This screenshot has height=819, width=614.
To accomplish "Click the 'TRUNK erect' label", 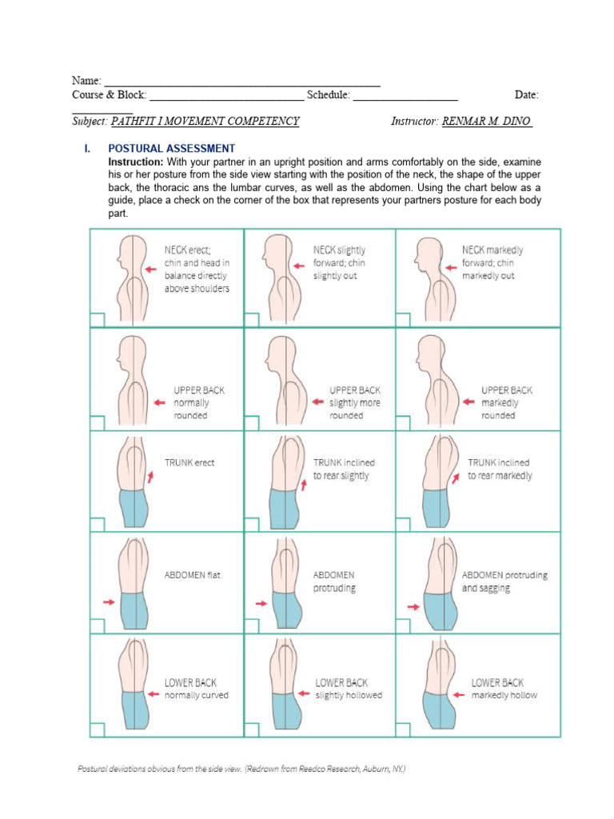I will point(189,462).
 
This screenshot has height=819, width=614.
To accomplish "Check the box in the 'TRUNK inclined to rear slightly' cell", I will point(250,525).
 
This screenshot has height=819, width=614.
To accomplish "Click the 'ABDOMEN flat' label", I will point(192,574).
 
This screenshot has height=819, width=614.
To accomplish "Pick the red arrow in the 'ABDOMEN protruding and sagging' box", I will point(413,607).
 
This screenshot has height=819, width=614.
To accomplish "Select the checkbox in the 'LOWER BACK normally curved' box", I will point(97,729).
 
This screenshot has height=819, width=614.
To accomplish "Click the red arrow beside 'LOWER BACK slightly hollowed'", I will point(302,694).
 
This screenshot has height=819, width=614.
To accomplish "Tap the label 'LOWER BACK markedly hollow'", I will point(504,689).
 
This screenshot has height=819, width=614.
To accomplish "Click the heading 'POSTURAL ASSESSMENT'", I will point(171,149).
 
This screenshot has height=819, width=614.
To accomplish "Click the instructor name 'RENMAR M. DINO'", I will point(487,122).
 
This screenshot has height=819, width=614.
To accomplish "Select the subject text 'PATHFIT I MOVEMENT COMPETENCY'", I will point(205,122).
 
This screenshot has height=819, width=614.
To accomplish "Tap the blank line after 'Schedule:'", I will point(405,95).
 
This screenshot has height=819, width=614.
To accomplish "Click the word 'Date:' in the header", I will point(526,95).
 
